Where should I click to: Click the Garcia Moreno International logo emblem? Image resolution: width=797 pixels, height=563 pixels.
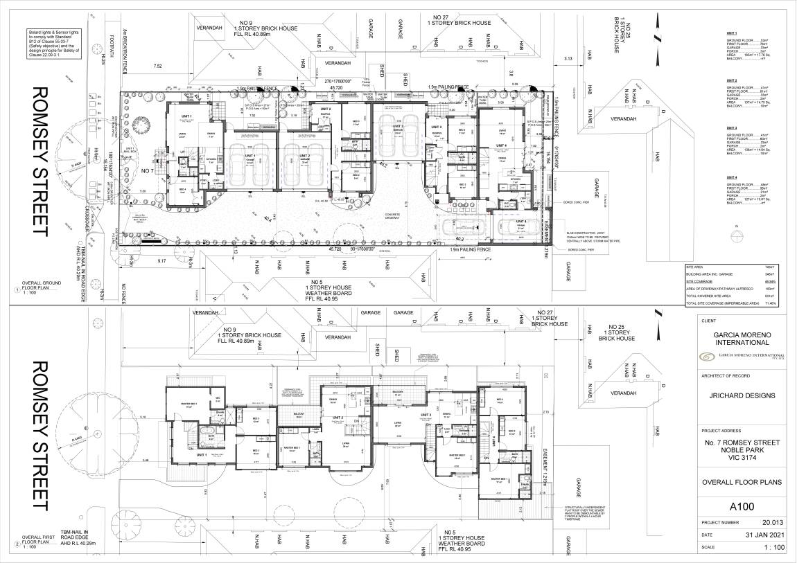707,356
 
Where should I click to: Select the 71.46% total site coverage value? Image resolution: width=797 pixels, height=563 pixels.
768,303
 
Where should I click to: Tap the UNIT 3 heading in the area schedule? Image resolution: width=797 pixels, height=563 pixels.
730,128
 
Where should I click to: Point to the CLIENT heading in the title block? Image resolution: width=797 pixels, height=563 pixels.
709,321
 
